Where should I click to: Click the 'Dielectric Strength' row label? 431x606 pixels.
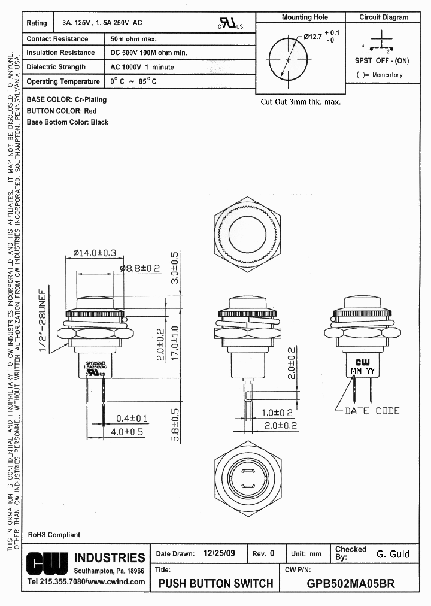[56, 67]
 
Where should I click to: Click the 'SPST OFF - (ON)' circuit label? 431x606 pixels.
[382, 61]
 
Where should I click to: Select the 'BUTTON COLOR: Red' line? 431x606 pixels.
[62, 111]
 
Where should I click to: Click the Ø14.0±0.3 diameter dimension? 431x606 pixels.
[95, 253]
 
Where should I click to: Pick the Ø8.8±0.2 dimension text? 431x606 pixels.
[139, 269]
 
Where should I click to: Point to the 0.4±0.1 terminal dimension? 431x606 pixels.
[132, 418]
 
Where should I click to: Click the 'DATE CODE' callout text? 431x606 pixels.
[372, 411]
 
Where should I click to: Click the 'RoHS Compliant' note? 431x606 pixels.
[54, 535]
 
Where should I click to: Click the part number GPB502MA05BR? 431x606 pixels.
[350, 583]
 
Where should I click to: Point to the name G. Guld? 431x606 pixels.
[393, 554]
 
